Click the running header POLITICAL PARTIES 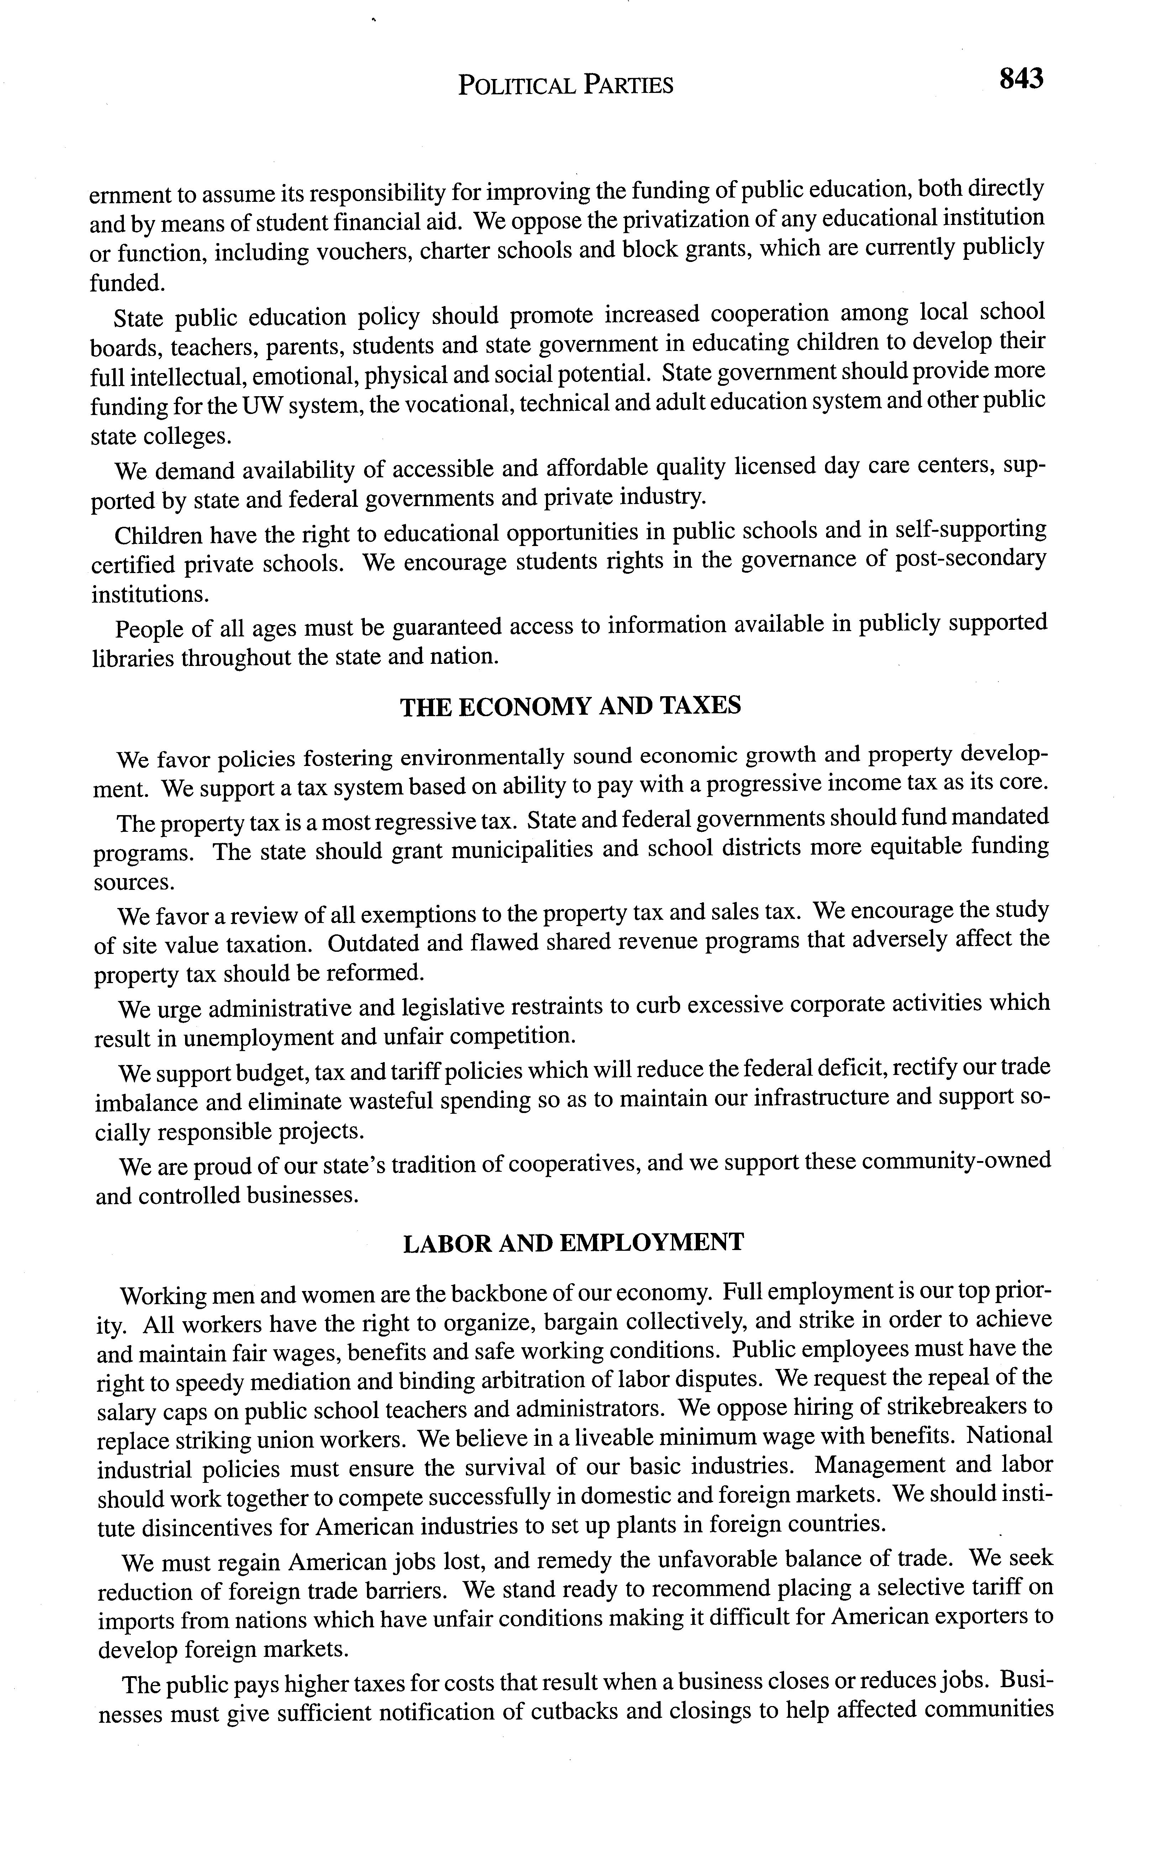(566, 85)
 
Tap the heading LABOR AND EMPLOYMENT (573, 1243)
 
